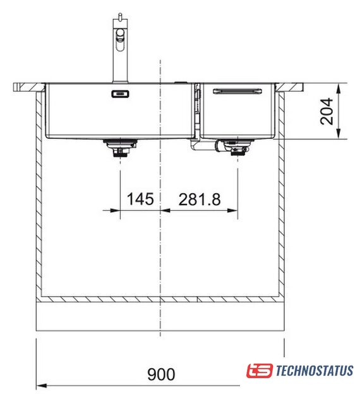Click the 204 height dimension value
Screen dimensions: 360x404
point(327,111)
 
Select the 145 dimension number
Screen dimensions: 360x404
point(140,199)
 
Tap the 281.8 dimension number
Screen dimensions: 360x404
point(200,199)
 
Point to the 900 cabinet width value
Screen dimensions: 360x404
point(161,374)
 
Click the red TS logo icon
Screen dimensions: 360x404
point(260,371)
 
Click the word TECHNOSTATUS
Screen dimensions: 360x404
point(315,371)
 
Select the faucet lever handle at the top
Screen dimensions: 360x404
point(120,39)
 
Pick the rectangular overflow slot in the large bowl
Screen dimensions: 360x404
point(120,94)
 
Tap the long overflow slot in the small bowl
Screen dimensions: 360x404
point(237,91)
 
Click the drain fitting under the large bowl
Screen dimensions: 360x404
point(120,147)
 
